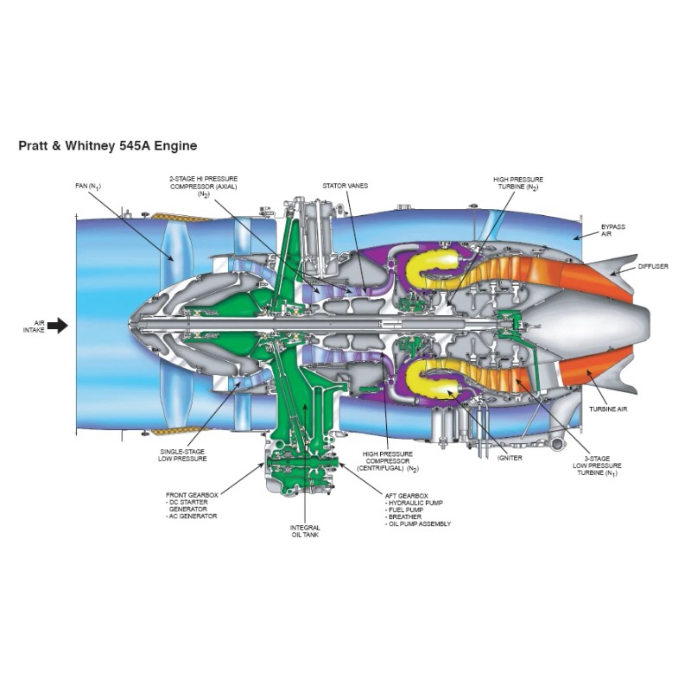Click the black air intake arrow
[57, 326]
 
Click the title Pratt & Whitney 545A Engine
[107, 146]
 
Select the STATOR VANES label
[340, 186]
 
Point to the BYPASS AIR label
[613, 230]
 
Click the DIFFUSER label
[653, 266]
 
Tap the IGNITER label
[510, 458]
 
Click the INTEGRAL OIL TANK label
[306, 531]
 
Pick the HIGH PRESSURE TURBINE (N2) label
[518, 183]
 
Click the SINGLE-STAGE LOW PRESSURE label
[183, 454]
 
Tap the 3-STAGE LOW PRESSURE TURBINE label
[597, 466]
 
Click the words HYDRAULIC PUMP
[415, 503]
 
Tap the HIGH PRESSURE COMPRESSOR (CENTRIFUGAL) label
[389, 460]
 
